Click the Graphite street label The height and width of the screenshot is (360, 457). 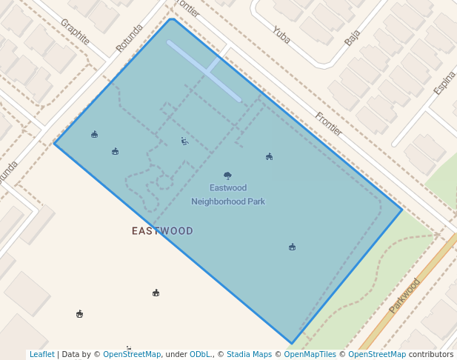pos(76,32)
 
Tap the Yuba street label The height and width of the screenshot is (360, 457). pos(281,33)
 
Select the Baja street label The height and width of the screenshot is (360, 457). pos(352,38)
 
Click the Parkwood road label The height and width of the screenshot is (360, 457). pos(404,295)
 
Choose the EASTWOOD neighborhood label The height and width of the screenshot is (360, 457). pos(162,231)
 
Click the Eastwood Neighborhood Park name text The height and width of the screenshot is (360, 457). pos(228,195)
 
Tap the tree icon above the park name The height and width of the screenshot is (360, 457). pos(227,176)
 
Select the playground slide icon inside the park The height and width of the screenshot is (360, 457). pos(184,141)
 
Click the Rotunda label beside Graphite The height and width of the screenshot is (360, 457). pos(128,39)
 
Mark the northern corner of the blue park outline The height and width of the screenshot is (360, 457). pos(172,19)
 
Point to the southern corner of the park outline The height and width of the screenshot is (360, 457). pos(292,344)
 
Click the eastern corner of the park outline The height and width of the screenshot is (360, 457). pos(402,210)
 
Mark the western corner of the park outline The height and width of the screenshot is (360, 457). pos(54,143)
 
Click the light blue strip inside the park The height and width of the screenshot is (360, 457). pos(204,70)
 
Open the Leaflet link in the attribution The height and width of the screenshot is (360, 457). pos(42,355)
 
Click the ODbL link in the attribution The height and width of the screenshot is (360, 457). pos(199,355)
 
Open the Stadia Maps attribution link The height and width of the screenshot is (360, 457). pos(249,355)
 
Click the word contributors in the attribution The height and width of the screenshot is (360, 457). pos(431,355)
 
